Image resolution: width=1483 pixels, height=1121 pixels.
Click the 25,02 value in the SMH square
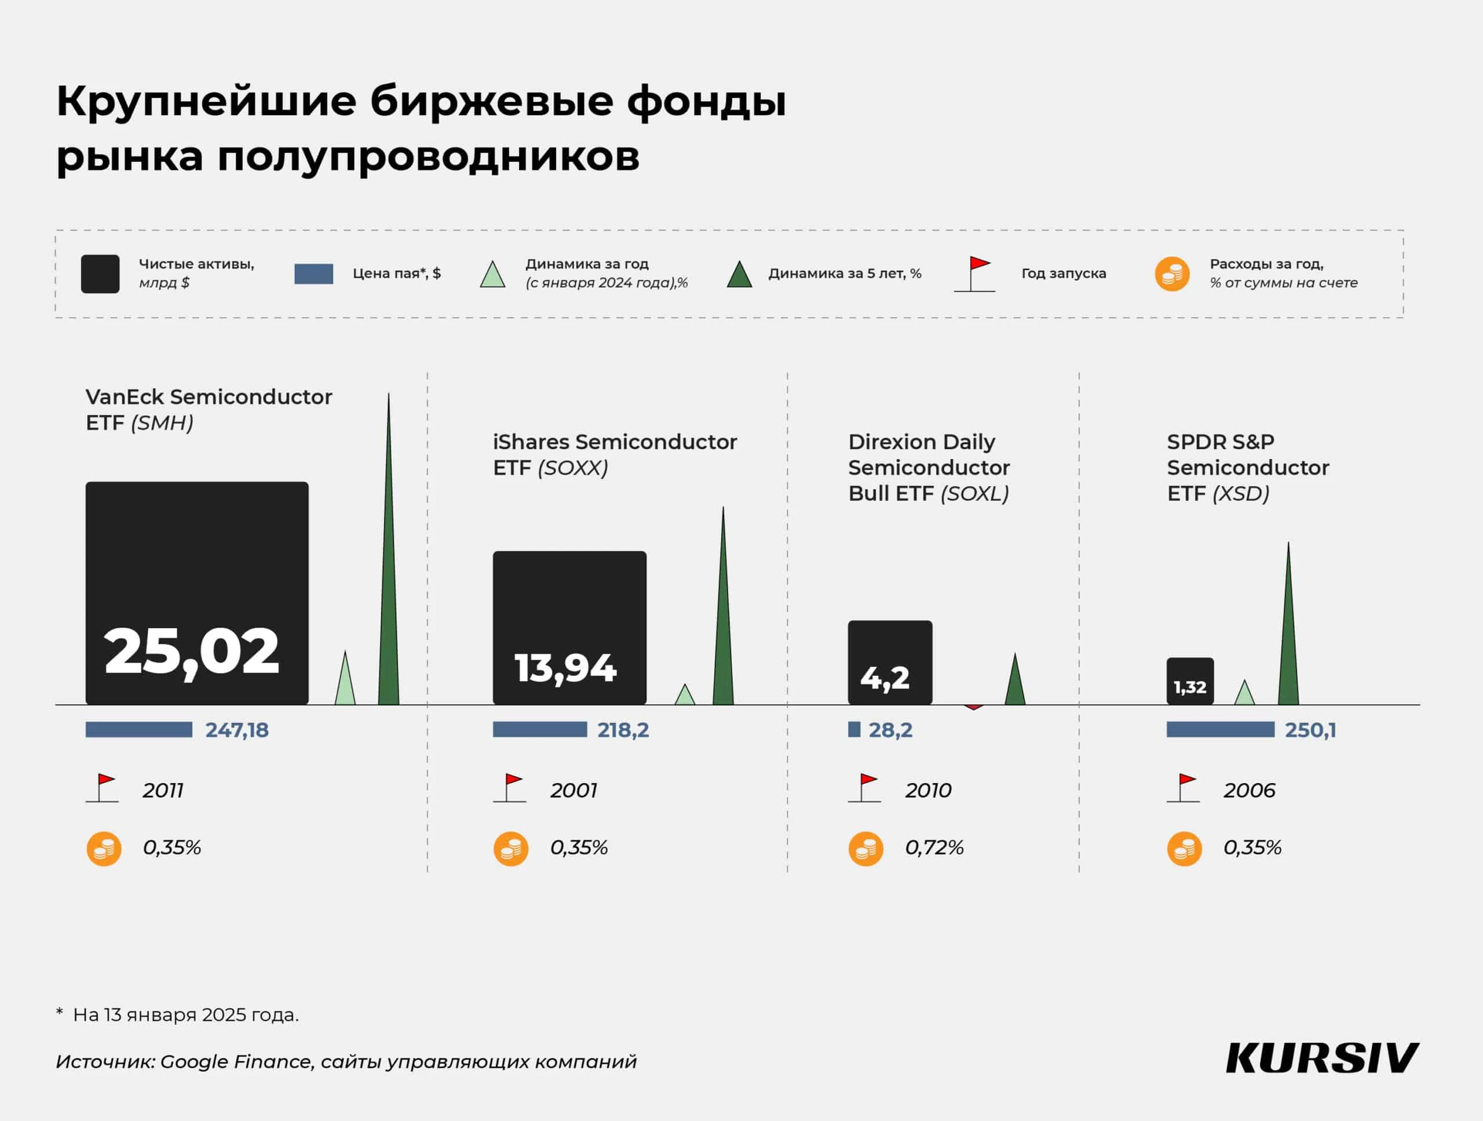point(191,652)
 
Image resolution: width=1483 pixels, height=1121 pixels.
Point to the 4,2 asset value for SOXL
point(885,678)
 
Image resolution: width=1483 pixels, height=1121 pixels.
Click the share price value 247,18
point(237,730)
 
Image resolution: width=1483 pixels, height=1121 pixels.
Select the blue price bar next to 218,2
point(540,729)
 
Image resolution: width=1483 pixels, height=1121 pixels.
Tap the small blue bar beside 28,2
point(854,729)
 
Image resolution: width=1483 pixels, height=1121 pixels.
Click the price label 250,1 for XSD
point(1310,730)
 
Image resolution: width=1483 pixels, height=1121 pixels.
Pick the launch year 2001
point(574,790)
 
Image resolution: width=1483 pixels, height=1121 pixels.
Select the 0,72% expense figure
point(934,848)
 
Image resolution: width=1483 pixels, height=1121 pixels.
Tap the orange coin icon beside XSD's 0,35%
point(1184,849)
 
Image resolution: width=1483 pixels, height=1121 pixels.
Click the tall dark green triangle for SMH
point(389,604)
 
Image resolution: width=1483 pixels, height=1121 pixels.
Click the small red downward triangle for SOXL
point(973,707)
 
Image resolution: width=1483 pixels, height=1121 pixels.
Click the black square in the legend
point(101,274)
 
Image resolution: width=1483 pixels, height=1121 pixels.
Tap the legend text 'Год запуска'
point(1064,274)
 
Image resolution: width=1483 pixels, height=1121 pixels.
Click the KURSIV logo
point(1321,1058)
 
